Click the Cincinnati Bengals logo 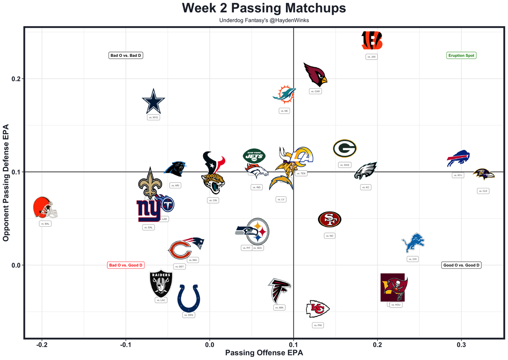372,41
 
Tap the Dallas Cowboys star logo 153,101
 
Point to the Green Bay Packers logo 344,148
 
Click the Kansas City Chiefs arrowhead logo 318,309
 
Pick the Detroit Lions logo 413,243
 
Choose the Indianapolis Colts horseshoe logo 189,298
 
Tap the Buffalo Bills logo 458,159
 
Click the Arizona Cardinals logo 315,74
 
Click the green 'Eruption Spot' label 461,56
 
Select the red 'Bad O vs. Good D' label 126,265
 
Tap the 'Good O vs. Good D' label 461,265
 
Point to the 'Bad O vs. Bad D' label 126,56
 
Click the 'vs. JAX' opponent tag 371,57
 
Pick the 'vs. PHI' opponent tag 318,325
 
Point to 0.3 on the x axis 461,345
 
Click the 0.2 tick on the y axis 16,79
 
